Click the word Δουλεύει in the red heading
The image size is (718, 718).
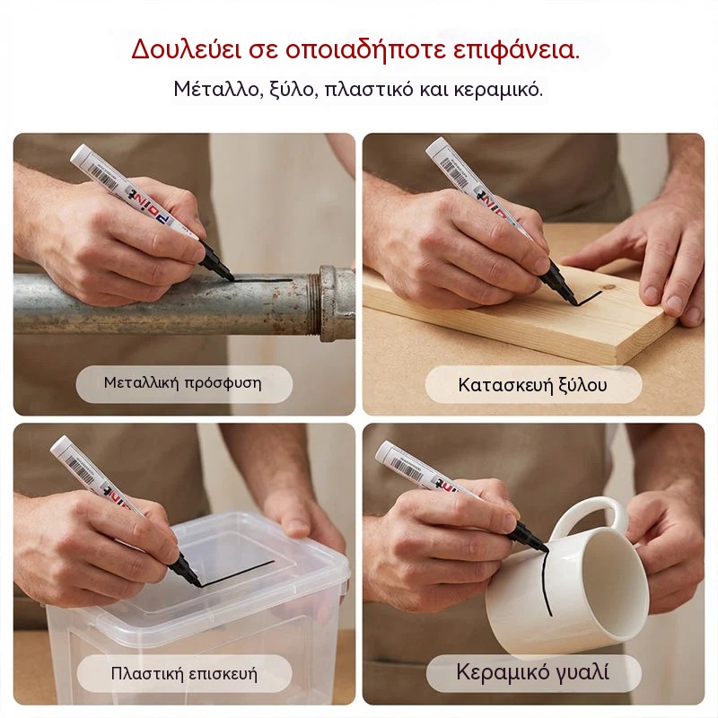point(187,49)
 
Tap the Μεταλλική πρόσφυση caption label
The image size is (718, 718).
point(183,383)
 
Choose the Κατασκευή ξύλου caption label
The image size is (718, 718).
point(533,385)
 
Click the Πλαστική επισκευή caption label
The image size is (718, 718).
point(184,673)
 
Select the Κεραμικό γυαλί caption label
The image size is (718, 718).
point(533,672)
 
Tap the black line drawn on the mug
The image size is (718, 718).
point(546,582)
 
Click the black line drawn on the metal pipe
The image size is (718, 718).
point(263,279)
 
